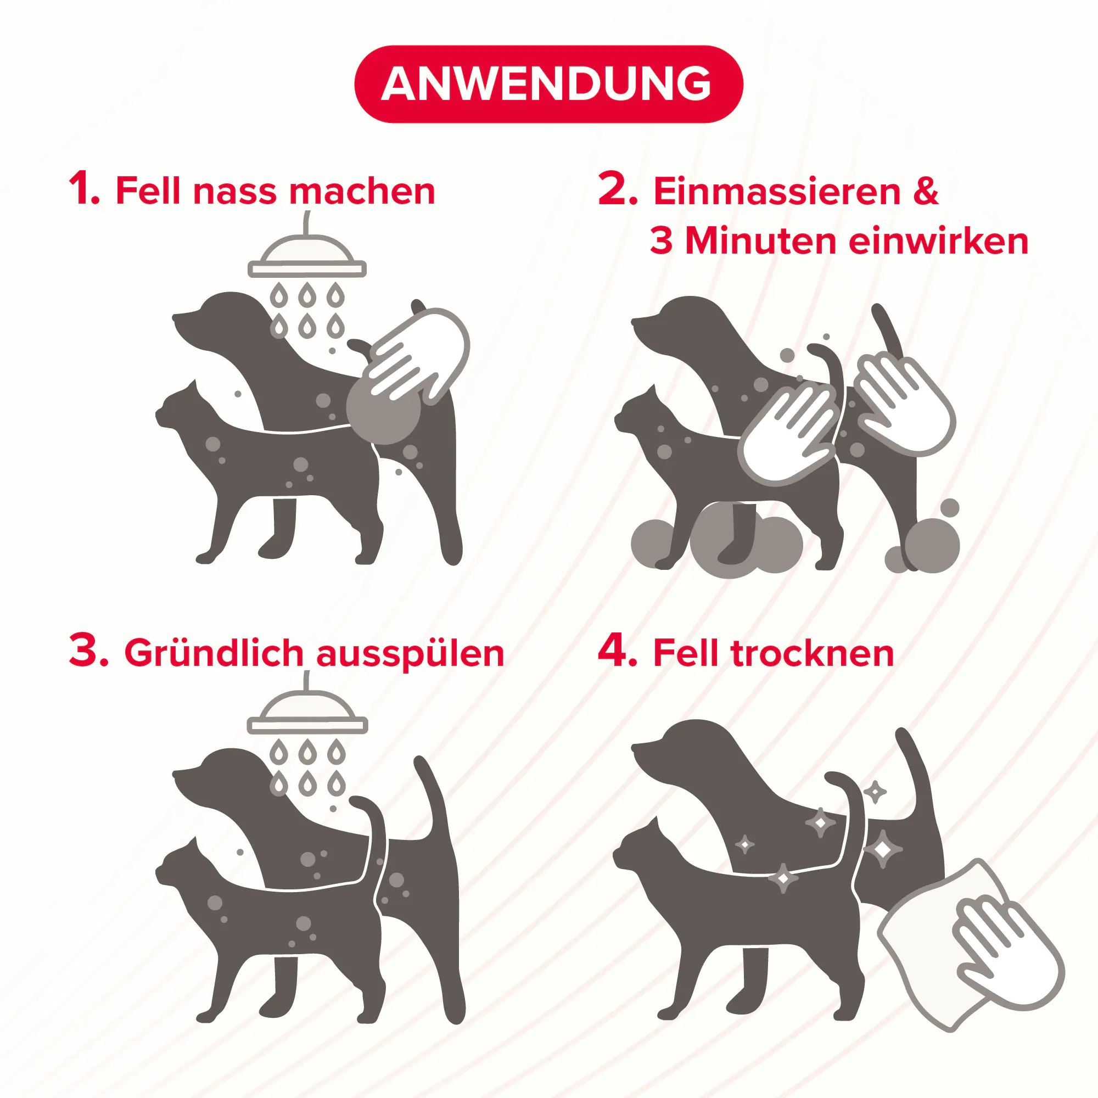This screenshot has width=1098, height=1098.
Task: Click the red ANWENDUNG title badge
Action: [548, 84]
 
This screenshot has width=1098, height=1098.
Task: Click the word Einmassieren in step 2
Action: [777, 192]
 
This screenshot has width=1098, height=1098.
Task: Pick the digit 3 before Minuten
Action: [661, 241]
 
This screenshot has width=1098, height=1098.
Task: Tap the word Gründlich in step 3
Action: [214, 653]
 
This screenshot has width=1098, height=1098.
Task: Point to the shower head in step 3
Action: [307, 714]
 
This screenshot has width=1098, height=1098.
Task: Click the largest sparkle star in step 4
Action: [882, 850]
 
